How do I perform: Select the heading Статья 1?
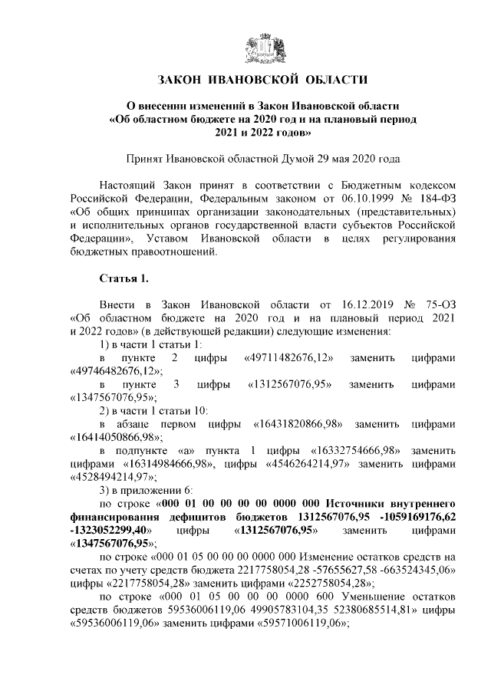point(122,276)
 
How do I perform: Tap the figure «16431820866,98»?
point(298,423)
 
